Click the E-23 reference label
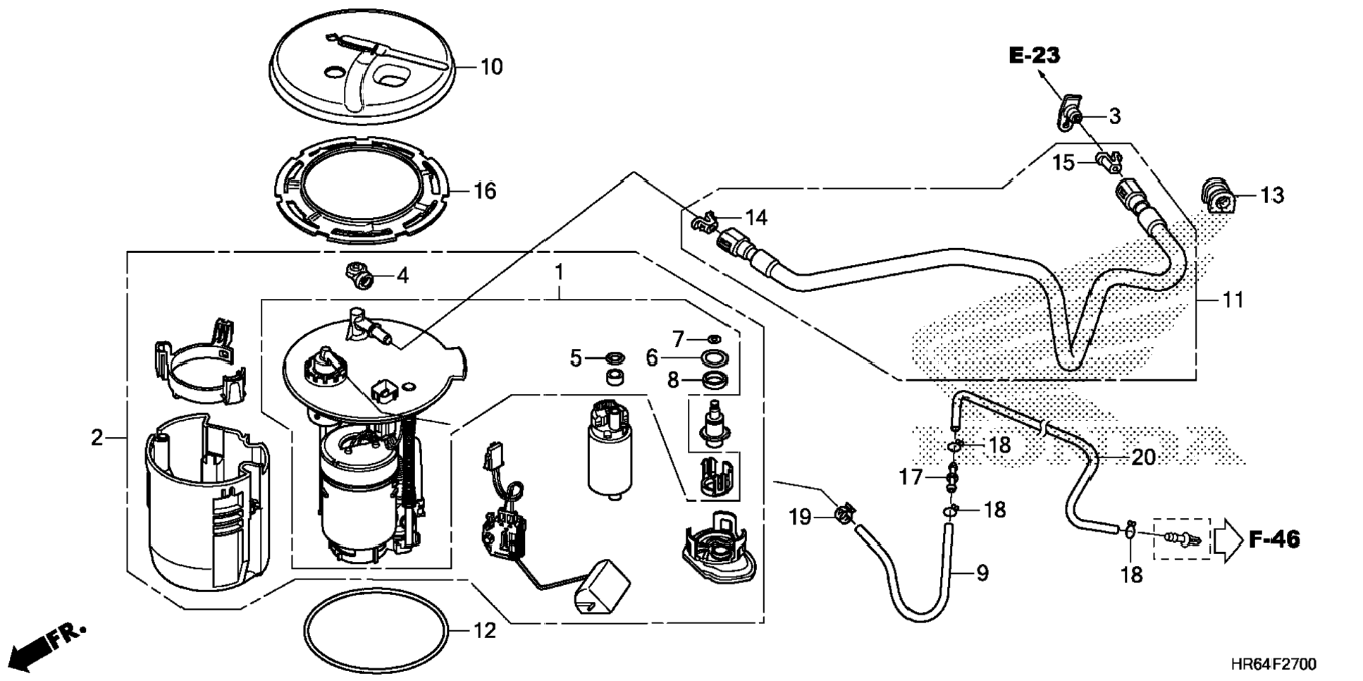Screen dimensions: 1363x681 [x=1035, y=55]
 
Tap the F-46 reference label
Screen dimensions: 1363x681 [x=1274, y=540]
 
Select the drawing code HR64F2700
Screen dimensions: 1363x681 [x=1273, y=664]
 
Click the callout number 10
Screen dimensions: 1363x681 [x=491, y=67]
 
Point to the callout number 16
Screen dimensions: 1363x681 [x=485, y=190]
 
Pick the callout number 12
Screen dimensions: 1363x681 [x=485, y=630]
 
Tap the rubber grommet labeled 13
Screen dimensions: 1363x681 [x=1216, y=195]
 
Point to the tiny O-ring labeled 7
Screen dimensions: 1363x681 [x=713, y=339]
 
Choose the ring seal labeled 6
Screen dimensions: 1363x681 [x=715, y=357]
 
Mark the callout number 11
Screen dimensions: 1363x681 [x=1233, y=300]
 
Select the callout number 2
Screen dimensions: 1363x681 [x=97, y=438]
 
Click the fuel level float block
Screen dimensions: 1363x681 [x=599, y=587]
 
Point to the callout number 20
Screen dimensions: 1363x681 [x=1143, y=458]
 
